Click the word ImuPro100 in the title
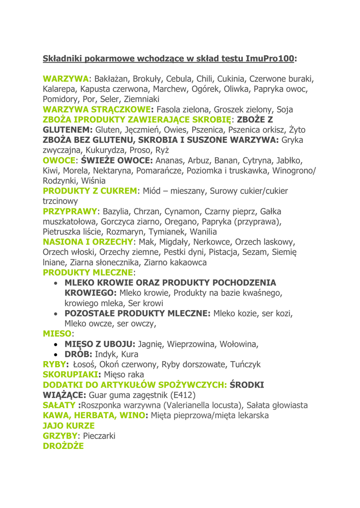[x=270, y=59]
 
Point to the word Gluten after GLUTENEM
[x=108, y=130]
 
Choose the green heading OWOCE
[x=59, y=161]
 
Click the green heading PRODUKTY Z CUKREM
[x=90, y=191]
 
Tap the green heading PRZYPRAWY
[x=71, y=211]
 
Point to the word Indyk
[x=105, y=355]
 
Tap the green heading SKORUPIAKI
[x=71, y=375]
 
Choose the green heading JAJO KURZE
[x=69, y=426]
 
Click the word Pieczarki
[x=99, y=436]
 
